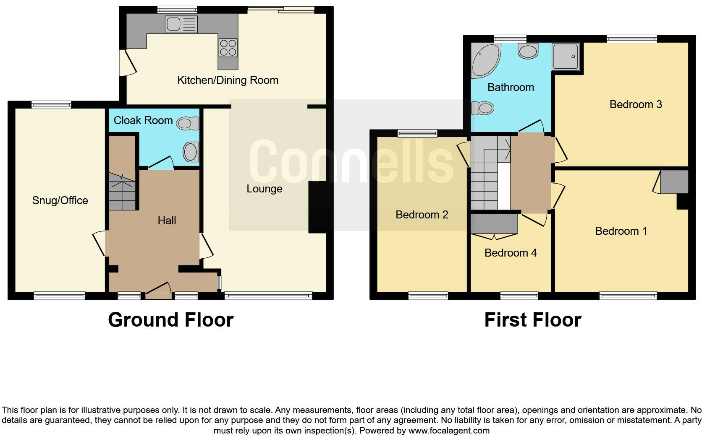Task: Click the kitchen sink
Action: [181, 24]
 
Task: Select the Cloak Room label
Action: [143, 120]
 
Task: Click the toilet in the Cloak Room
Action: [188, 123]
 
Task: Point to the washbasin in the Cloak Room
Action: [191, 152]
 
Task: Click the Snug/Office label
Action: [60, 200]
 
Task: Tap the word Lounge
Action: [264, 189]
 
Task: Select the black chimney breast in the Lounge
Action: [317, 207]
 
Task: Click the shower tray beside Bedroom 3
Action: [566, 56]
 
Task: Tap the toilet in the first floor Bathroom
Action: [482, 108]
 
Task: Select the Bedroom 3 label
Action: [635, 104]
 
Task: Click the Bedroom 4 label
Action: [510, 253]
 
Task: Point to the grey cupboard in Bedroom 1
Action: [674, 182]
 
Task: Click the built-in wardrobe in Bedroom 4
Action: [494, 224]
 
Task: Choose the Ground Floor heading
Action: [170, 320]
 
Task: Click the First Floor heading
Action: [532, 320]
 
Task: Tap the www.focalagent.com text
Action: [448, 431]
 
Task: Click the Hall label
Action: [167, 221]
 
